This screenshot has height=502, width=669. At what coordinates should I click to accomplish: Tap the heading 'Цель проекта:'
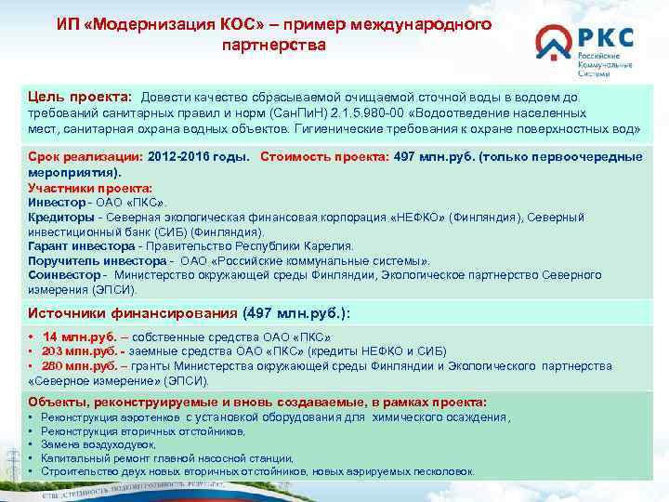coord(80,98)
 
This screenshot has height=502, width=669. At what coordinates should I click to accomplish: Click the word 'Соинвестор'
coord(64,276)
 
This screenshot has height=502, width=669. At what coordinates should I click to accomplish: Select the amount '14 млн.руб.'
coord(77,337)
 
